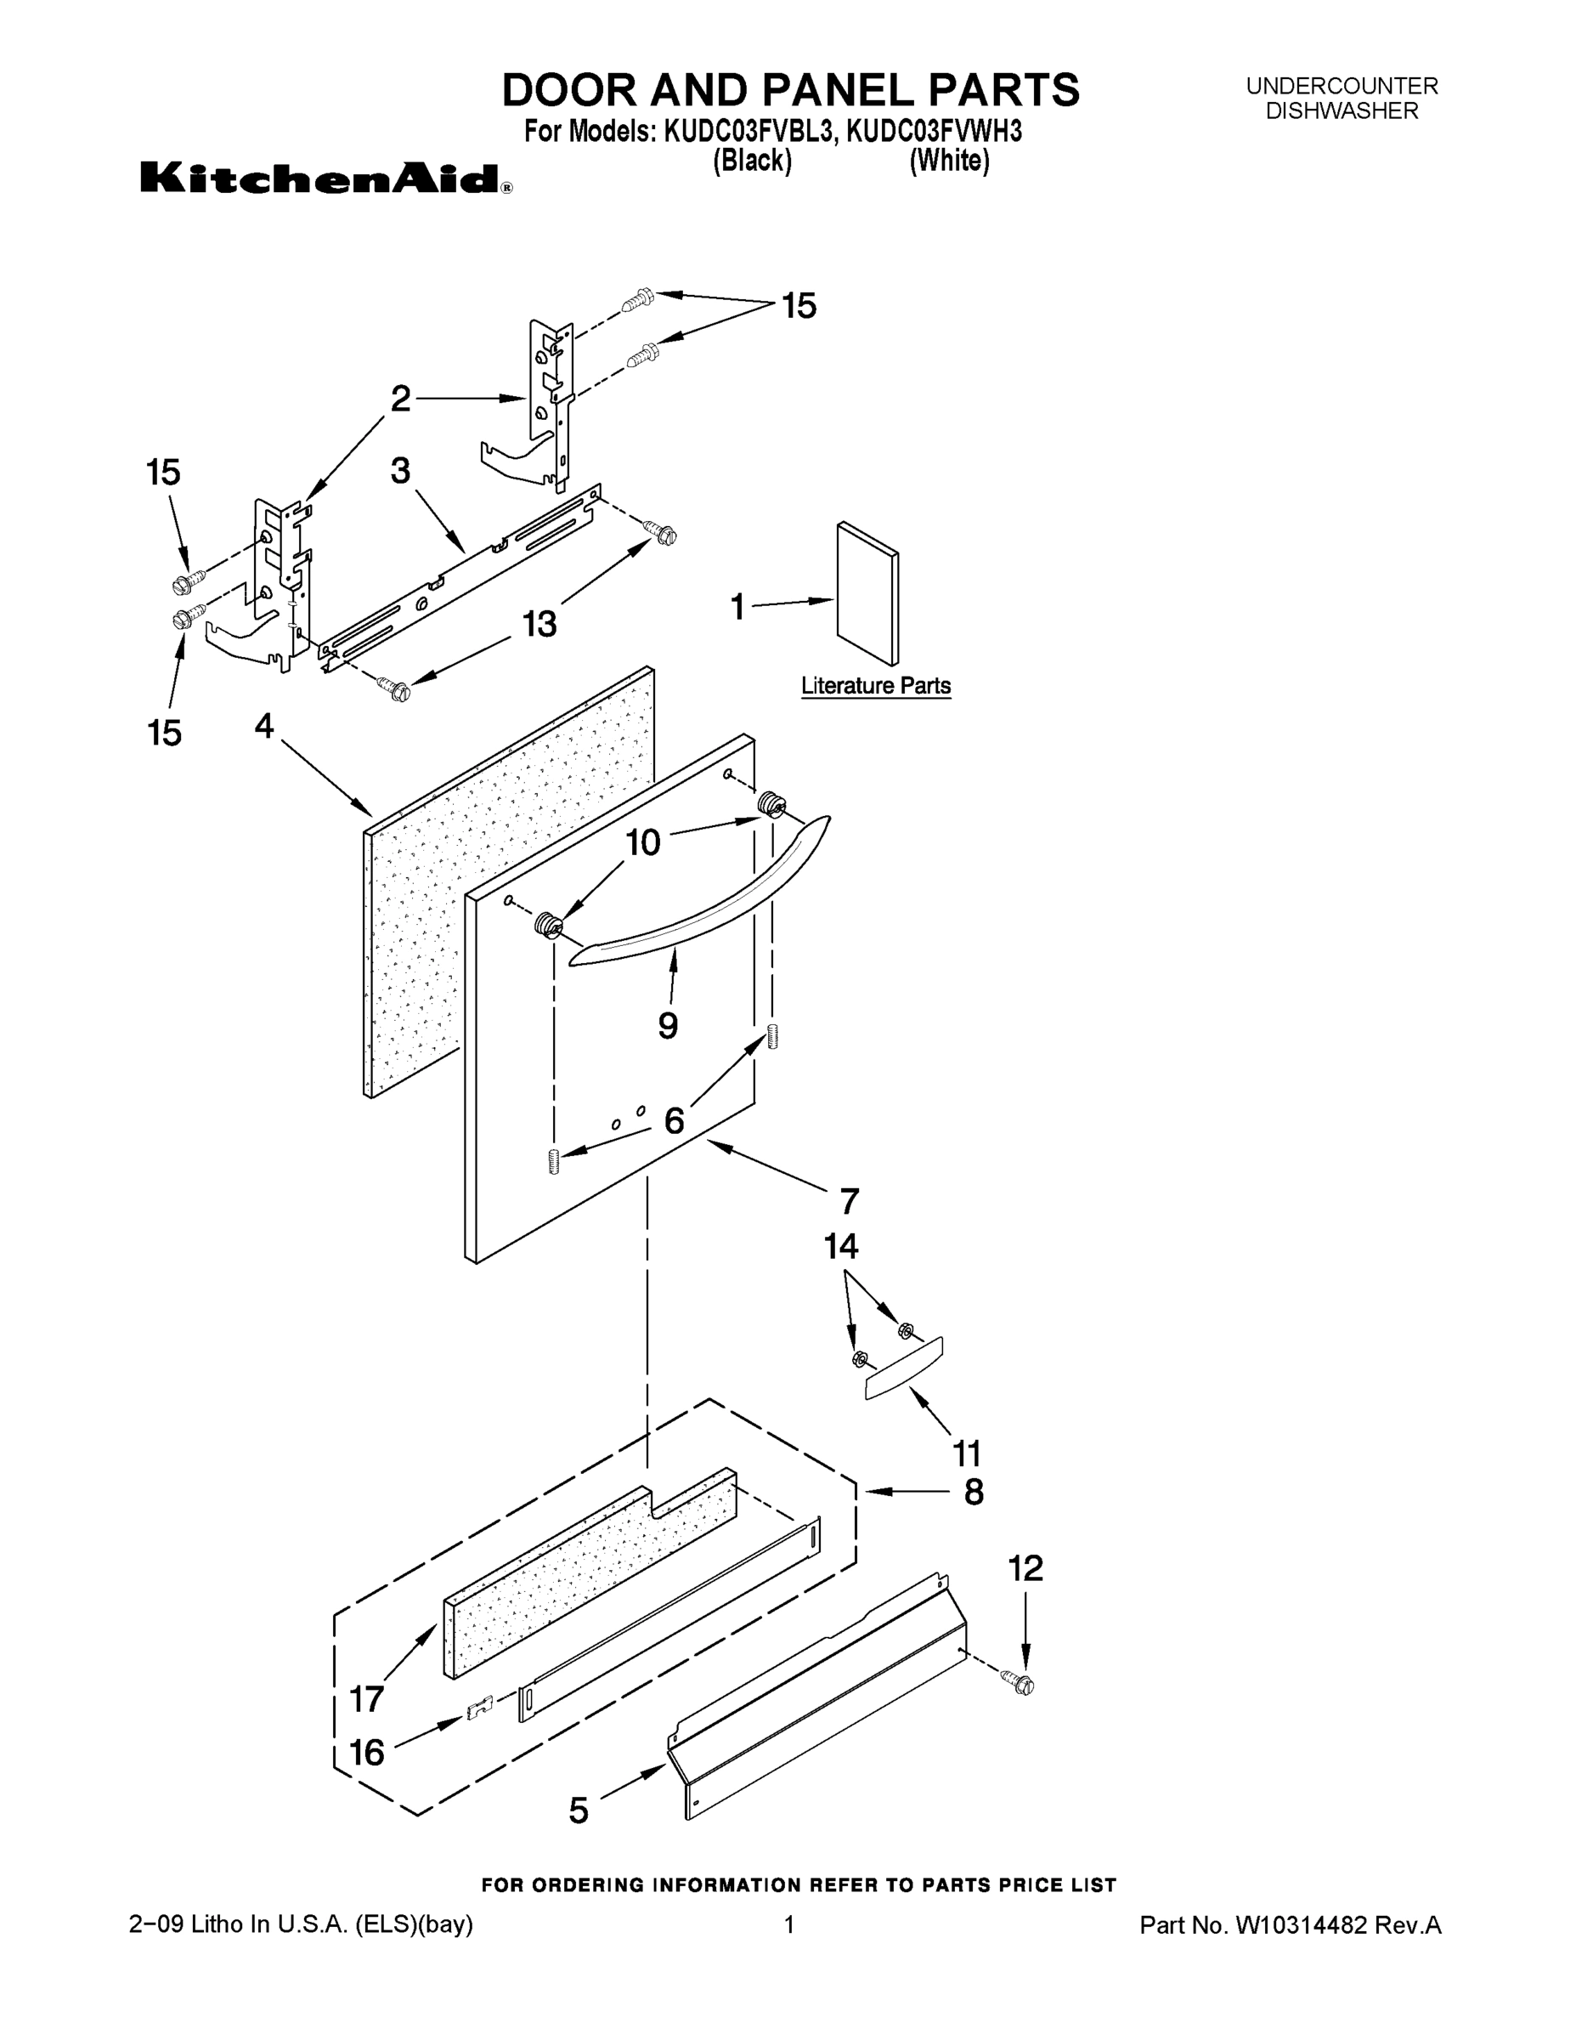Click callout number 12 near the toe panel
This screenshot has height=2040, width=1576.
[1025, 1569]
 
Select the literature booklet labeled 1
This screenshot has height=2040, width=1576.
[868, 592]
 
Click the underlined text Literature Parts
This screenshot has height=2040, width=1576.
[876, 686]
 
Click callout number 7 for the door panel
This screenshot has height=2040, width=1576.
[849, 1200]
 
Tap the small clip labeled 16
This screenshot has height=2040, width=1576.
[479, 1708]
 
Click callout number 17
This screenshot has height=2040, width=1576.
[367, 1699]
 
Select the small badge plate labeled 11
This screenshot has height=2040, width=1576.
[904, 1367]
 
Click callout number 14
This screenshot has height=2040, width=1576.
[840, 1246]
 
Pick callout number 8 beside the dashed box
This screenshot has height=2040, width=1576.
[973, 1492]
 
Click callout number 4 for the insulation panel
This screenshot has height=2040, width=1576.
[264, 725]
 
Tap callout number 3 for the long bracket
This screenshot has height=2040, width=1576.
[399, 471]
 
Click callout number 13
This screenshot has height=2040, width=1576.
[539, 623]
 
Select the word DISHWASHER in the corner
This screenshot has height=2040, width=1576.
[1342, 111]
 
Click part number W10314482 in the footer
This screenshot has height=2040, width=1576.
[1302, 1925]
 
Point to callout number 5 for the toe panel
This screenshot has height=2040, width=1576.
[579, 1811]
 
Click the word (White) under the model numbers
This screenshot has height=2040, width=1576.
[950, 161]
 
